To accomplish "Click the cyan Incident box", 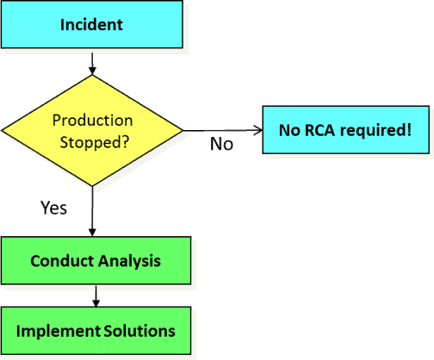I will (x=91, y=24).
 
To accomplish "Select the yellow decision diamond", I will (x=92, y=130).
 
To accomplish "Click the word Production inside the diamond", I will (x=93, y=120).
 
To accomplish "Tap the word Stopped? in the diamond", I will (x=92, y=140).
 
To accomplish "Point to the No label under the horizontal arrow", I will (x=221, y=144).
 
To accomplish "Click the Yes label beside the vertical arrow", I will (x=53, y=208).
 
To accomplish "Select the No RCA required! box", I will (x=344, y=130).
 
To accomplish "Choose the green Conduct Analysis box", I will (x=95, y=260).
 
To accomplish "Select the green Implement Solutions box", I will (x=95, y=331).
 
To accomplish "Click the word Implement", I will (x=54, y=331).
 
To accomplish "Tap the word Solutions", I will (x=139, y=331).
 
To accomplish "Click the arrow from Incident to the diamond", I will (x=92, y=62).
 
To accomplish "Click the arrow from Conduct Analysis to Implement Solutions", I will (x=95, y=295).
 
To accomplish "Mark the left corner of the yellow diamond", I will (x=4, y=131).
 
